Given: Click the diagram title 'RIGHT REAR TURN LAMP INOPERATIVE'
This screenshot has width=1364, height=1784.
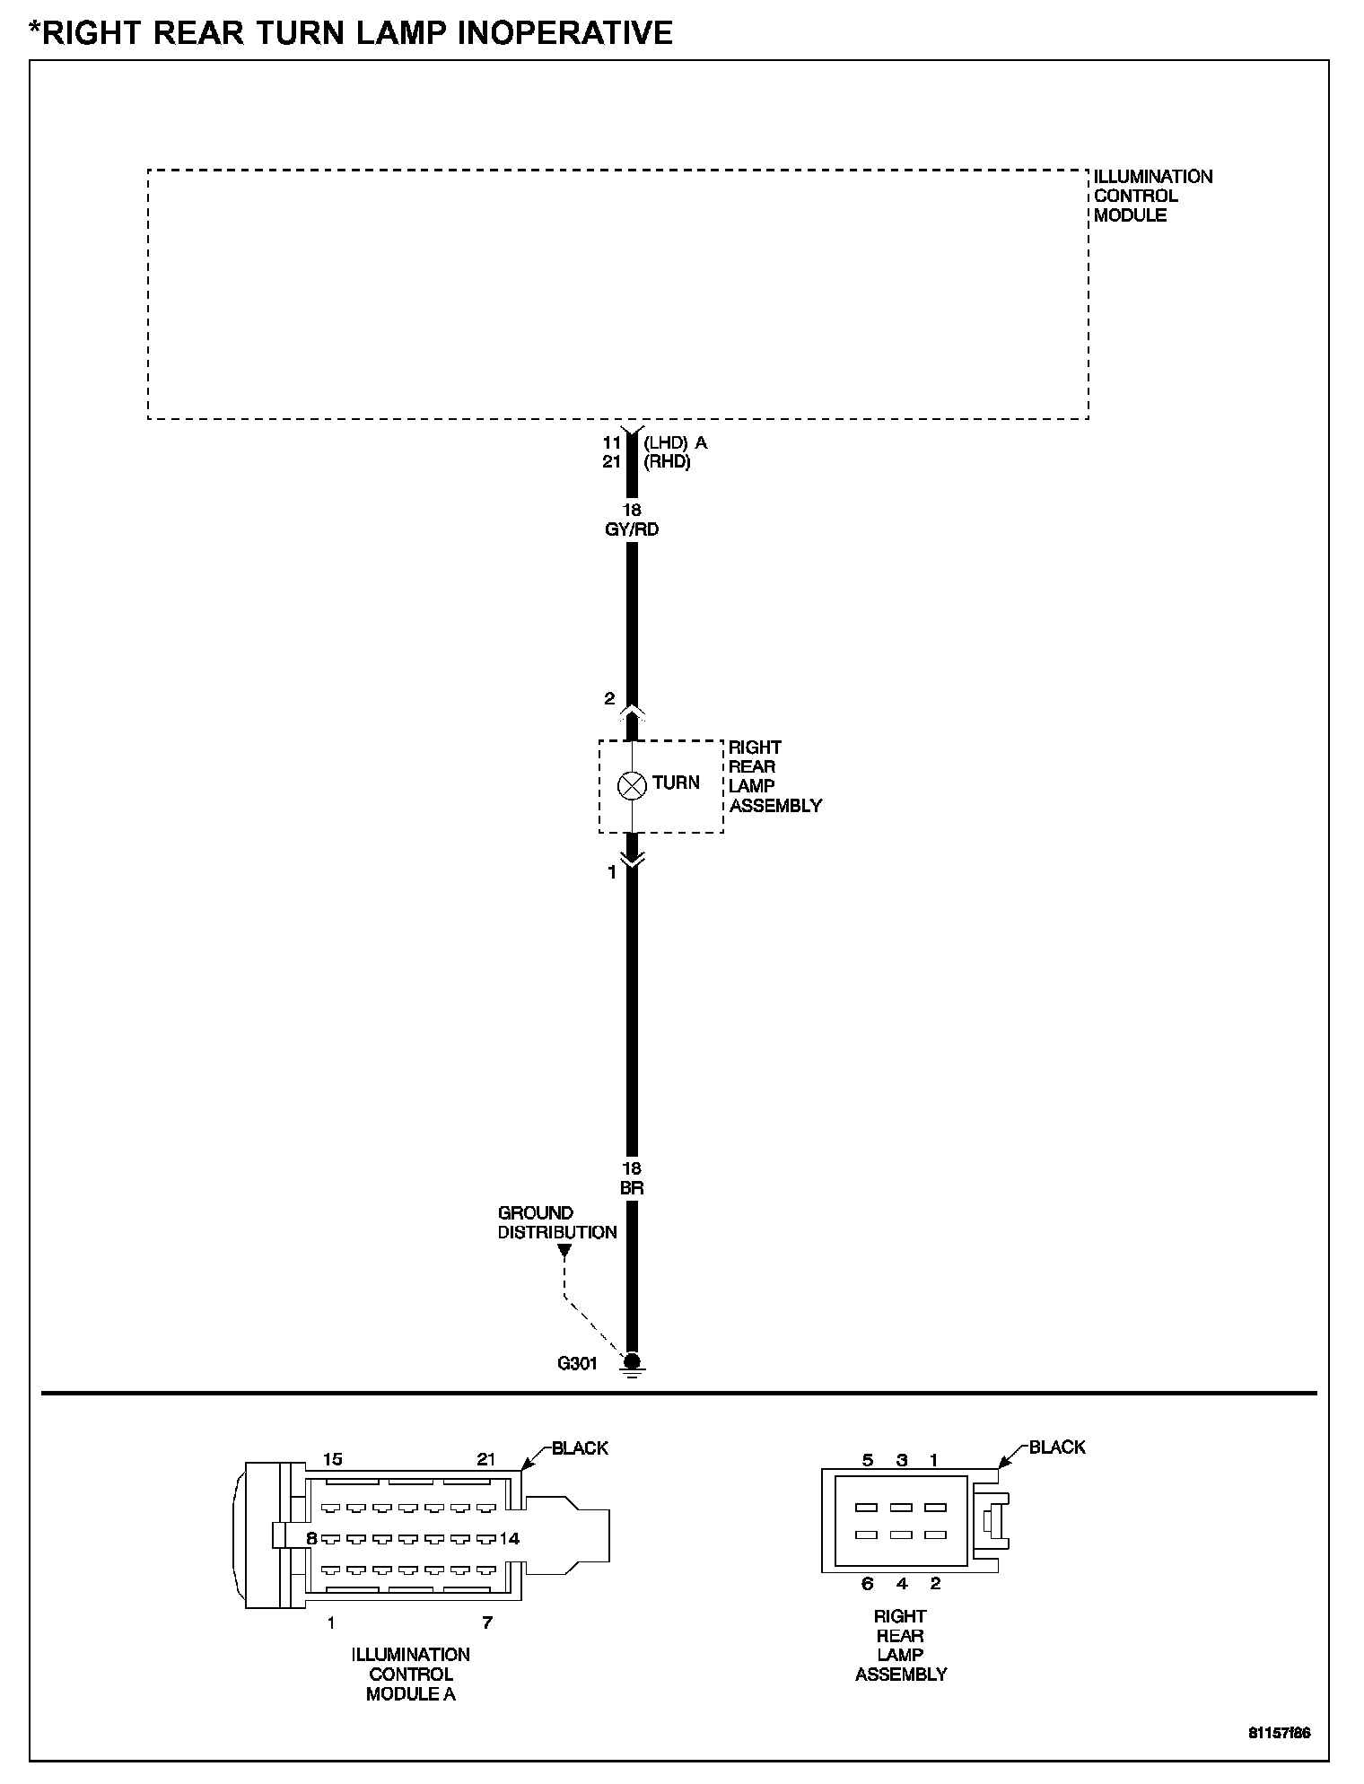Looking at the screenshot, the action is tap(357, 33).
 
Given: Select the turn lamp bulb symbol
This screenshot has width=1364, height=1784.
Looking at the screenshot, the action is tap(633, 785).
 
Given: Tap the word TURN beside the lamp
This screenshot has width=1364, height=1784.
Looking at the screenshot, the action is tap(676, 783).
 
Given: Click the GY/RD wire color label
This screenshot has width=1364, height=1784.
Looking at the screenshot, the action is tap(633, 529).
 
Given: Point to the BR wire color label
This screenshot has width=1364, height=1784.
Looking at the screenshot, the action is tap(632, 1188).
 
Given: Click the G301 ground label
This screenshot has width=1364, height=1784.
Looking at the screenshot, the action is tap(577, 1364).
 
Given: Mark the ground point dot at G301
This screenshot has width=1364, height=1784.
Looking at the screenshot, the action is tap(632, 1360).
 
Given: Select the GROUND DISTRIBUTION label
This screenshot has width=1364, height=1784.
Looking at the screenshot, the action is tap(557, 1222).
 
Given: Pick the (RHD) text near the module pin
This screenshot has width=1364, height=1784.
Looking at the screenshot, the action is tap(667, 463).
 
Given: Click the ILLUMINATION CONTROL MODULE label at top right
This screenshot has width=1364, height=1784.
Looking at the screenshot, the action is tap(1153, 196).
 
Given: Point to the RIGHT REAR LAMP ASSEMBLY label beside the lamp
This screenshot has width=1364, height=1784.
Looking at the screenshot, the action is tap(775, 776).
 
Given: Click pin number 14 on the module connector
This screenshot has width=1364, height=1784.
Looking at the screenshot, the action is tap(509, 1538).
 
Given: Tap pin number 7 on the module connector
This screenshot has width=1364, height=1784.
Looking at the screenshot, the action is tap(487, 1622).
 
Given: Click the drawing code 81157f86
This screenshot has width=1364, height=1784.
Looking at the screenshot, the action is tap(1280, 1733).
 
